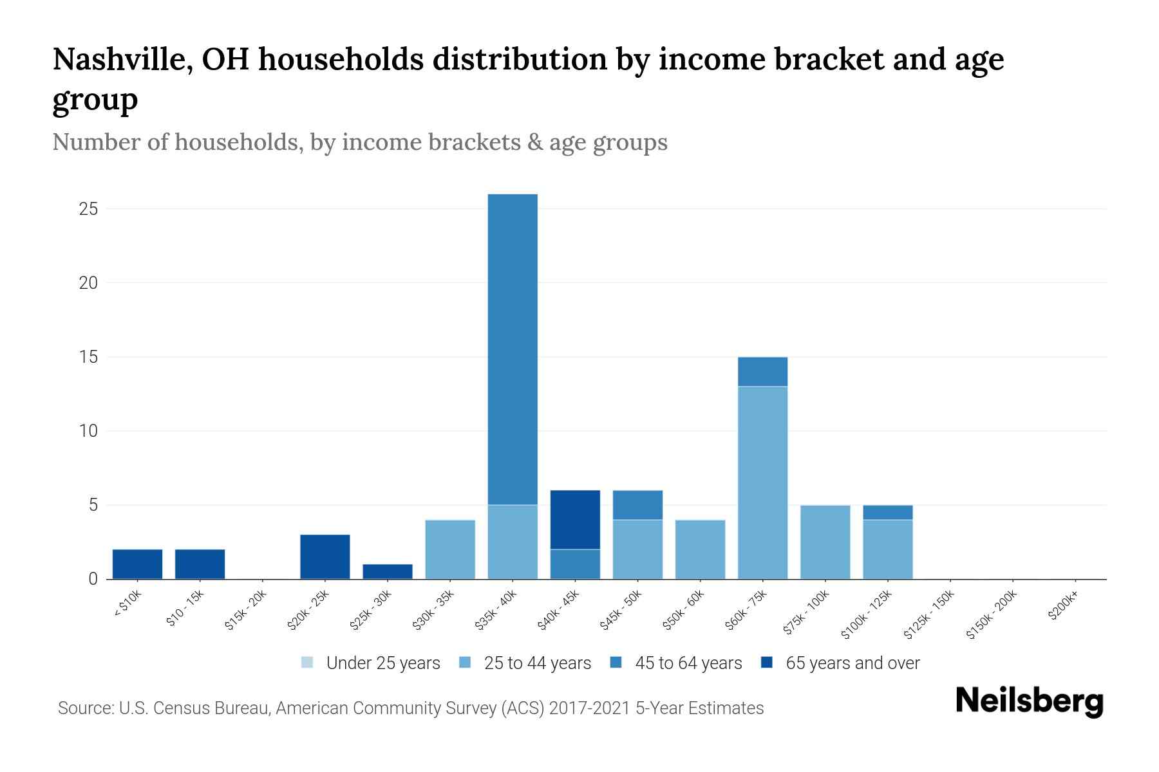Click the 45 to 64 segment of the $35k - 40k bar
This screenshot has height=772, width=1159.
click(x=513, y=349)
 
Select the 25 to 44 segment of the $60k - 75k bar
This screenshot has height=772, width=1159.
click(x=762, y=482)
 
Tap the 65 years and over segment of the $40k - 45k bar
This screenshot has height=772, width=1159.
click(x=575, y=520)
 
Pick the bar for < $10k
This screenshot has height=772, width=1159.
click(x=137, y=564)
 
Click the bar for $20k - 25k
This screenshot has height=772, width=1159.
click(x=325, y=556)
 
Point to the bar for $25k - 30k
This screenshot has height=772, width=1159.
click(x=388, y=571)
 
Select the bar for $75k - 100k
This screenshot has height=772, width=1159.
click(x=825, y=542)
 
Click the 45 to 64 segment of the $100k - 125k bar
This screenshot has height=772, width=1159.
click(x=887, y=512)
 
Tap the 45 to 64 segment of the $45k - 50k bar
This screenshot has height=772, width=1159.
click(x=637, y=505)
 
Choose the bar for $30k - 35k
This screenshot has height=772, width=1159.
click(x=450, y=549)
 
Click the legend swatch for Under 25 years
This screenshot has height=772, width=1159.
click(x=307, y=663)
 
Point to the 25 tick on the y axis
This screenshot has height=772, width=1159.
click(x=89, y=209)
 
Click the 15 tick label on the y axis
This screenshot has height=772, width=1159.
click(x=89, y=357)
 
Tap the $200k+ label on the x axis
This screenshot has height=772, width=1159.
click(x=1063, y=607)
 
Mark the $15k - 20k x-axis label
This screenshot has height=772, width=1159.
click(x=245, y=614)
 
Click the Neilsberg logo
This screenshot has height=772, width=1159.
click(x=1029, y=701)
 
